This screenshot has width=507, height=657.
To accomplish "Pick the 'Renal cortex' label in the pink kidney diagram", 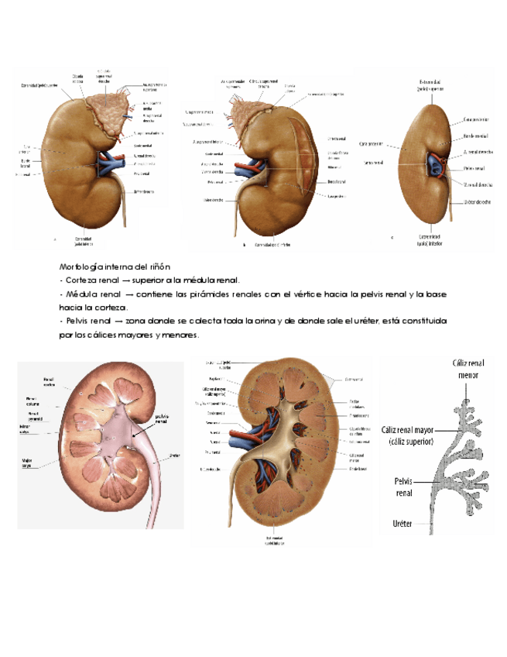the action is coord(49,381).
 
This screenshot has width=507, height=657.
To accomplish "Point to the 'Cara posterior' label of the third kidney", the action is coord(474,120).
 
